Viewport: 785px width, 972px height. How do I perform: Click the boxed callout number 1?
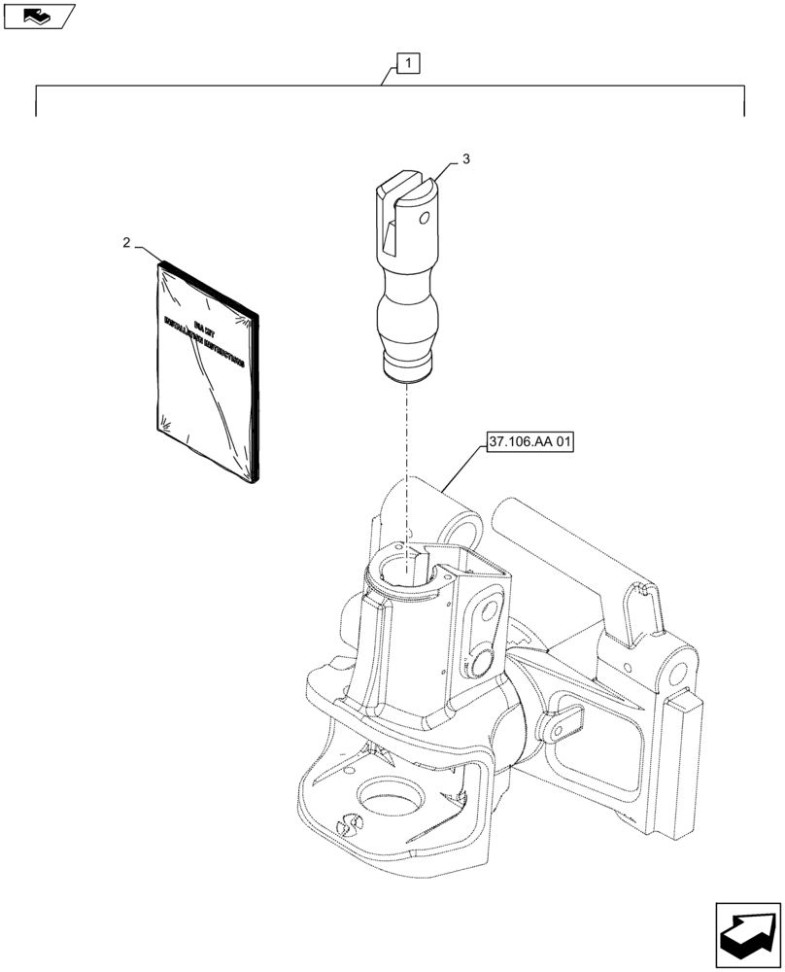409,65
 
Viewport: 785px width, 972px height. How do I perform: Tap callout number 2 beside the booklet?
128,243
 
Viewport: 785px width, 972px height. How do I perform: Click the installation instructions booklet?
207,374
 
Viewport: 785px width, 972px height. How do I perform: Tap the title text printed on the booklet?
206,345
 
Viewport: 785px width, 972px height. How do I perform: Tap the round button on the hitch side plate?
481,665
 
